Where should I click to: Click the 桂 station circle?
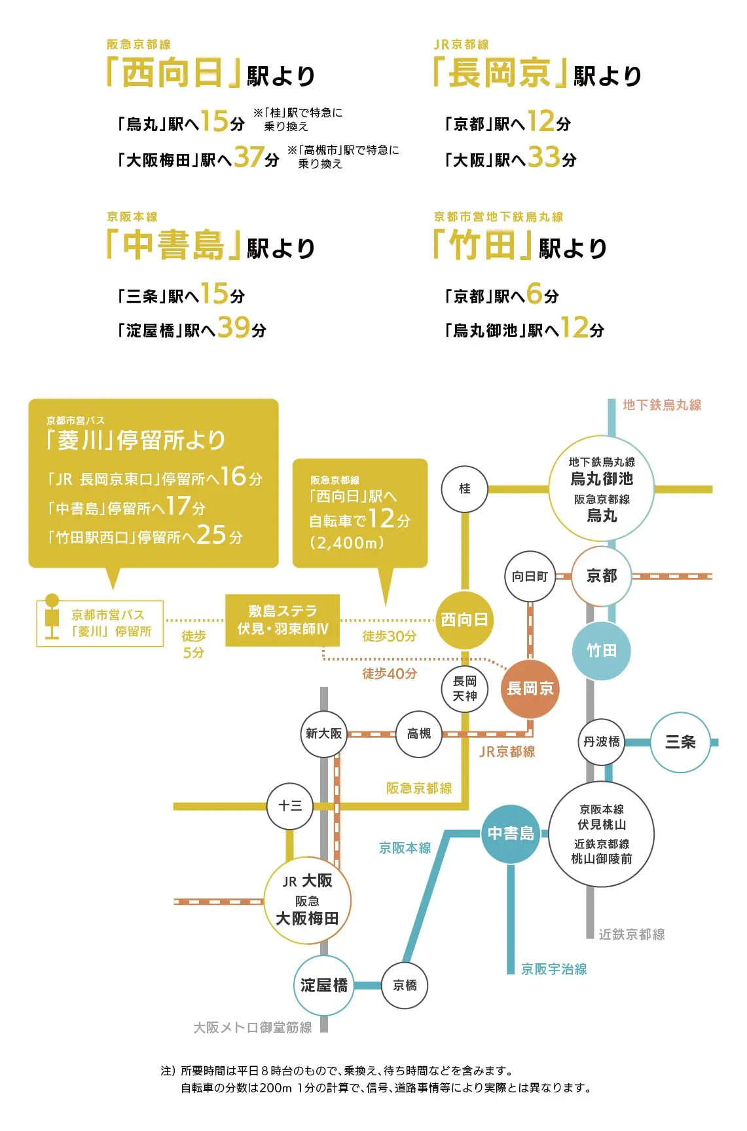[464, 489]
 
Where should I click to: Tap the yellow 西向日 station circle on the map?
[464, 620]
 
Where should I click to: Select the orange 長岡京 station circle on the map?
[530, 689]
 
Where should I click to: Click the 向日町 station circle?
[530, 577]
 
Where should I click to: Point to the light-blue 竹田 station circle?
[602, 650]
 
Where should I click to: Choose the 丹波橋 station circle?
[602, 742]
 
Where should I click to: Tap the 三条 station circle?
[680, 742]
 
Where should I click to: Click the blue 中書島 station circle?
[511, 834]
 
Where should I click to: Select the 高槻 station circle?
[419, 734]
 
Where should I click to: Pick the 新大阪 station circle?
[324, 734]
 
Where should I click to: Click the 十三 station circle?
[290, 806]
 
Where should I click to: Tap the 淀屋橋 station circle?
[324, 986]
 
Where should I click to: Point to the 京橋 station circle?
[405, 986]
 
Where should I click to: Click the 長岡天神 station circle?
[464, 689]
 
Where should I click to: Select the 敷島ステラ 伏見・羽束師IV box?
[283, 620]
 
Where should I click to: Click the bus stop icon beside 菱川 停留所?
[52, 616]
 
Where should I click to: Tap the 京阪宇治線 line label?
[554, 969]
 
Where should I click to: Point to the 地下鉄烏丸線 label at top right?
[662, 405]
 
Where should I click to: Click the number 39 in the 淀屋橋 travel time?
[234, 327]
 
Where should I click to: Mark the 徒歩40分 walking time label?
[390, 674]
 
